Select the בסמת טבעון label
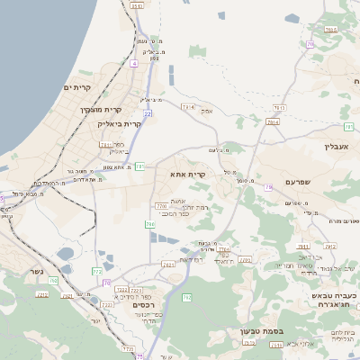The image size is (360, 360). tap(262, 331)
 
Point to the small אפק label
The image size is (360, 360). tap(207, 110)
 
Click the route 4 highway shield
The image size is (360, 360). tap(134, 64)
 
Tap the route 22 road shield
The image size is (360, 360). tap(148, 113)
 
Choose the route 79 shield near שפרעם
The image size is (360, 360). tap(267, 187)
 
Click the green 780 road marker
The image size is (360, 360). tap(149, 224)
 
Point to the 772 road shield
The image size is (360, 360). tap(97, 271)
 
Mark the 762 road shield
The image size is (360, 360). tap(186, 297)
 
